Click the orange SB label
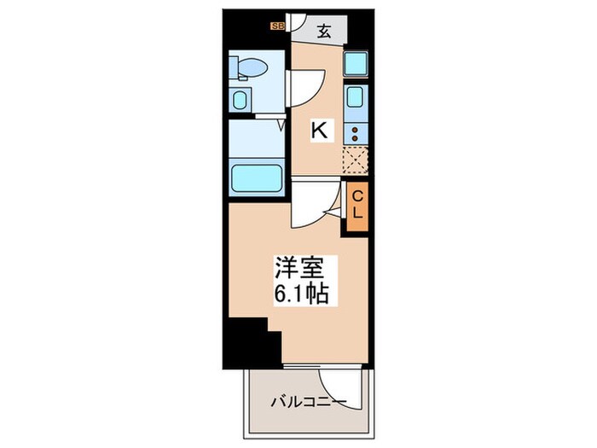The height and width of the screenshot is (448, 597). click(277, 26)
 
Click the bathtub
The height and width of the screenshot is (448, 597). click(258, 179)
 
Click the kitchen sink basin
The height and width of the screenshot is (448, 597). click(356, 101)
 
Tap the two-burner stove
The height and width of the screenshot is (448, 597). click(355, 133)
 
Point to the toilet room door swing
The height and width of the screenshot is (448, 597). click(304, 87)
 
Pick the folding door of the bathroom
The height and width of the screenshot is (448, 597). click(282, 126)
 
